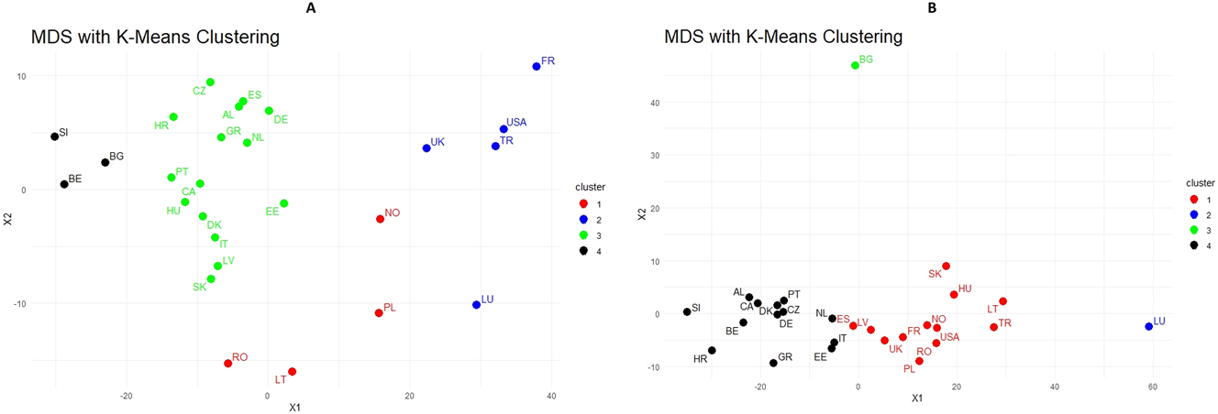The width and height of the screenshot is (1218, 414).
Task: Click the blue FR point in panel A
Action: [537, 66]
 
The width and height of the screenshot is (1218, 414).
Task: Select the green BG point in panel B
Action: [855, 65]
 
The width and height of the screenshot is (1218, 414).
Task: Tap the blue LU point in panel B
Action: [1148, 326]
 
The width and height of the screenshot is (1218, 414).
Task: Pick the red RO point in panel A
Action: [227, 364]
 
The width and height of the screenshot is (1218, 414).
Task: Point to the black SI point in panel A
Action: [54, 136]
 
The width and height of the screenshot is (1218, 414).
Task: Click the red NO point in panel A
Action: [380, 219]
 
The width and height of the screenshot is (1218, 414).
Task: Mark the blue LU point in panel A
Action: [476, 305]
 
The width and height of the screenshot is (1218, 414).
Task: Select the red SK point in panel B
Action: [946, 267]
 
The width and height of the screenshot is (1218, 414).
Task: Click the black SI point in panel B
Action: [687, 311]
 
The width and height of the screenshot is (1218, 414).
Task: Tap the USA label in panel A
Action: [516, 122]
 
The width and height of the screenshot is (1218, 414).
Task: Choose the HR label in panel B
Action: [700, 360]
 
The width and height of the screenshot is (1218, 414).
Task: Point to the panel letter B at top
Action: [932, 7]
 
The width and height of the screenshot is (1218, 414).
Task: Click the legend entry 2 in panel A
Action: [598, 220]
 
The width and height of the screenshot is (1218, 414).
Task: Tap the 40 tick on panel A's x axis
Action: [551, 396]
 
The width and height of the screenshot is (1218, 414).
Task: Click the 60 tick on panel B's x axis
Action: [1153, 387]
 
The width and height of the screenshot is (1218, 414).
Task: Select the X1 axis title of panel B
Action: [916, 398]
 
